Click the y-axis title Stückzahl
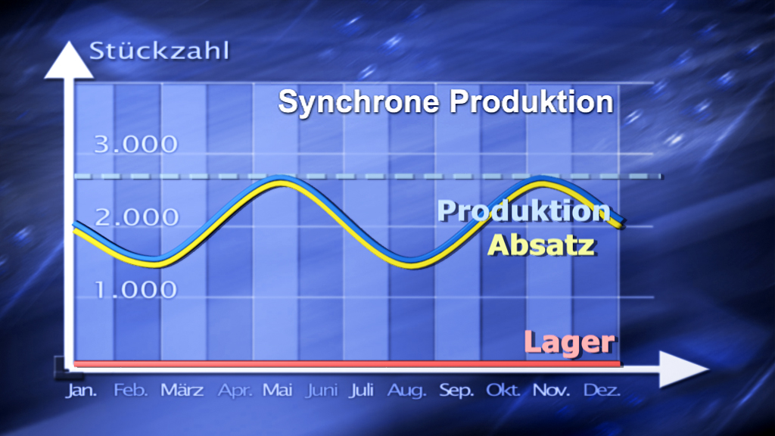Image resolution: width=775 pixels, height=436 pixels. point(159,51)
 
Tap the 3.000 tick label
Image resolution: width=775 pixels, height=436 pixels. point(135,145)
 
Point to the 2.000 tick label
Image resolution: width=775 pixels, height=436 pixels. point(137,217)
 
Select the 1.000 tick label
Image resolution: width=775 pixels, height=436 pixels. point(137,289)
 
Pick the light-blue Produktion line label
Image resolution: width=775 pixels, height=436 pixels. point(524,210)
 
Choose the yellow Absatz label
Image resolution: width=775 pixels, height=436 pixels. point(541,244)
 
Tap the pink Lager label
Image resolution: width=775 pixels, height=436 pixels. point(568,342)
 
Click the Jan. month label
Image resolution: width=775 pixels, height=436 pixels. point(81,391)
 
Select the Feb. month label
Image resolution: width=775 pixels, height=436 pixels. point(129,391)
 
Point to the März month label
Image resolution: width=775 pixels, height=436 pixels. point(182,391)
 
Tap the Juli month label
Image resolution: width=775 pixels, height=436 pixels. point(361,391)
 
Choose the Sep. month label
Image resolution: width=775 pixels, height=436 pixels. point(456,391)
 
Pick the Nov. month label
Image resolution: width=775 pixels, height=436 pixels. point(551,391)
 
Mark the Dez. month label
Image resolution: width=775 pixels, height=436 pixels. point(602,391)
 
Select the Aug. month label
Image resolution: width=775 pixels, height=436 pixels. point(407,391)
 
